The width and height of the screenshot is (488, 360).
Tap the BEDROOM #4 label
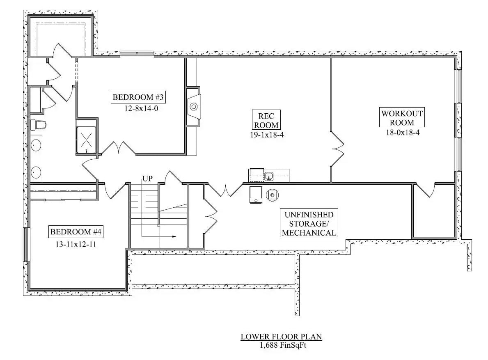pyautogui.click(x=76, y=232)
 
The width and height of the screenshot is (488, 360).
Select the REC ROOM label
pyautogui.click(x=266, y=120)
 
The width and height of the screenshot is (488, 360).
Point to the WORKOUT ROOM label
pyautogui.click(x=402, y=117)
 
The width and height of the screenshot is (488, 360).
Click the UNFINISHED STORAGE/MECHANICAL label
pyautogui.click(x=309, y=224)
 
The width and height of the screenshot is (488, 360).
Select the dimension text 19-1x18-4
pyautogui.click(x=267, y=135)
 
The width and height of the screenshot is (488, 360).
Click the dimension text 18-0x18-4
pyautogui.click(x=402, y=133)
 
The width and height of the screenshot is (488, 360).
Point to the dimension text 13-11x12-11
pyautogui.click(x=76, y=243)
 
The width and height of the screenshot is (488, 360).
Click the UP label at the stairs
pyautogui.click(x=148, y=179)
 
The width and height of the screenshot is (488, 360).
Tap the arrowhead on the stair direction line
pyautogui.click(x=174, y=237)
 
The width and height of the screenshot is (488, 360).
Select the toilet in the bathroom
pyautogui.click(x=39, y=124)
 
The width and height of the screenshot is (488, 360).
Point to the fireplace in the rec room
pyautogui.click(x=193, y=108)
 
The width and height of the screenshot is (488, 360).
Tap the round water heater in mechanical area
pyautogui.click(x=272, y=195)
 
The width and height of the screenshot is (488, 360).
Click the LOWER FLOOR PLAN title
pyautogui.click(x=281, y=337)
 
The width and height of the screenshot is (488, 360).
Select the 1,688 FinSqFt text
pyautogui.click(x=283, y=345)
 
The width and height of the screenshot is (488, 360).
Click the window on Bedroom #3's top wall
pyautogui.click(x=137, y=53)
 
